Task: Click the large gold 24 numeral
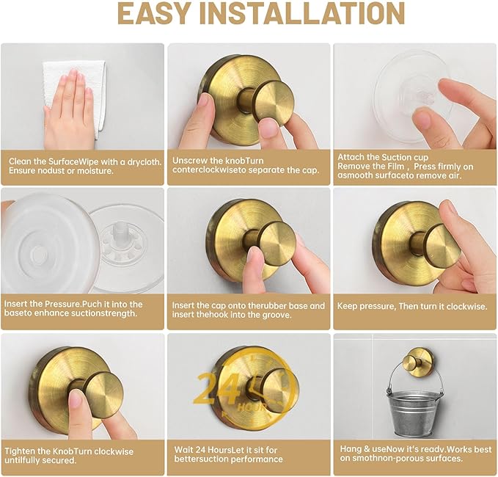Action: pos(216,388)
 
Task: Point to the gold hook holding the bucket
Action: pos(416,361)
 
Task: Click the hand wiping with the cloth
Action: pos(70,106)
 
